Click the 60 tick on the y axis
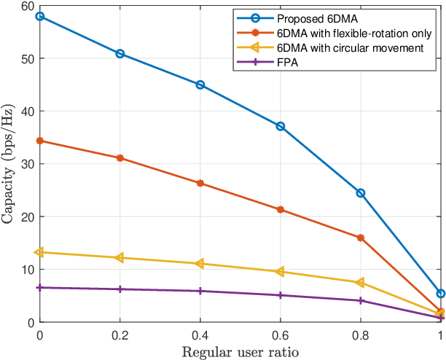(28, 7)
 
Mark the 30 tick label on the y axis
(28, 164)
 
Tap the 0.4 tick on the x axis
(200, 334)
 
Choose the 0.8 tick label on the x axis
(360, 334)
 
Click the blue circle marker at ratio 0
(39, 16)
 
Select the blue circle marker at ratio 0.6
(280, 126)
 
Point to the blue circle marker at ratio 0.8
(360, 193)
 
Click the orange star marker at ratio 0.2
(120, 158)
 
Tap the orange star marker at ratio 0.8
(360, 238)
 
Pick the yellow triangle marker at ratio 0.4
(200, 264)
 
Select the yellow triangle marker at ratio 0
(39, 252)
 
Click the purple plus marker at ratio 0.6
(280, 295)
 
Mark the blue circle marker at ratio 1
(440, 294)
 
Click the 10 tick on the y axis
(28, 270)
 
